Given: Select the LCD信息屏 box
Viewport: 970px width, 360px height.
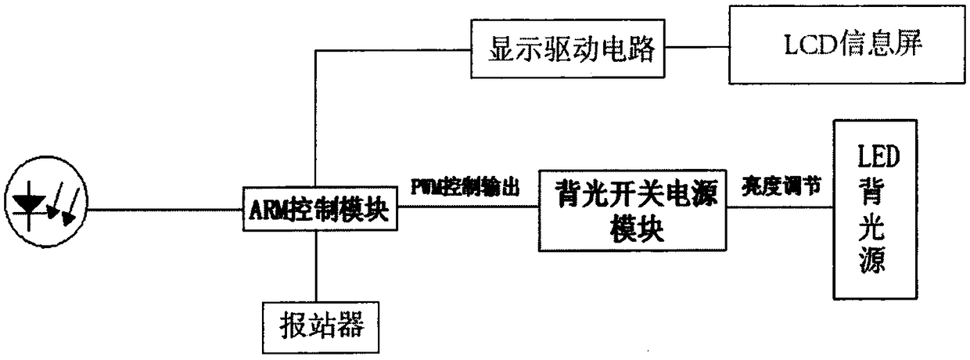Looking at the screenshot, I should coord(846,45).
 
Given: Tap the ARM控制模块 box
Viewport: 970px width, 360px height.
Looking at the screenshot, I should coord(317,211).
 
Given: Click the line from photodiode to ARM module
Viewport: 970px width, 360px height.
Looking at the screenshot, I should coord(164,210).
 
